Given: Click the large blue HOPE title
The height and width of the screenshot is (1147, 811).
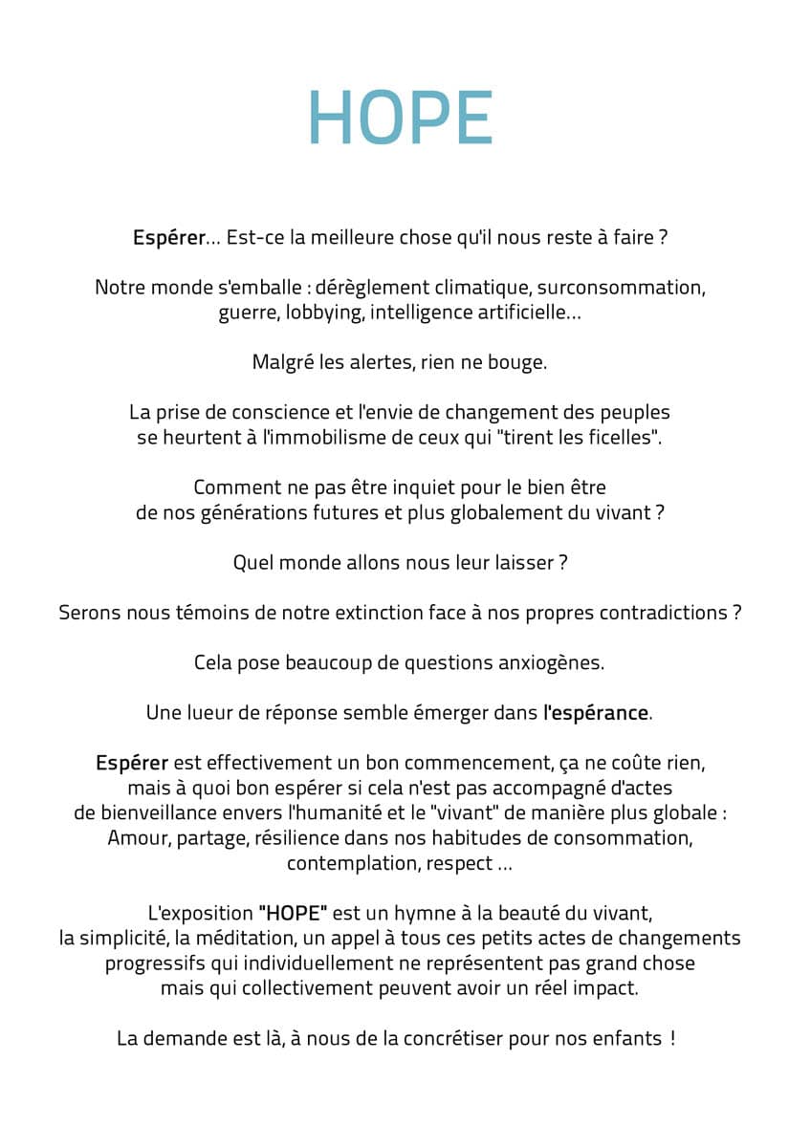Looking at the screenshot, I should (400, 119).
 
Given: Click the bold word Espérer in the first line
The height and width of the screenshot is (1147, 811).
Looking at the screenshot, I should (168, 238).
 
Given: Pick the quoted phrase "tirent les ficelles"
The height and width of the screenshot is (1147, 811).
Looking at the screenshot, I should (576, 438).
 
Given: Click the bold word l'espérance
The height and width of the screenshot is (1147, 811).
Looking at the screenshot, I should (596, 713).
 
